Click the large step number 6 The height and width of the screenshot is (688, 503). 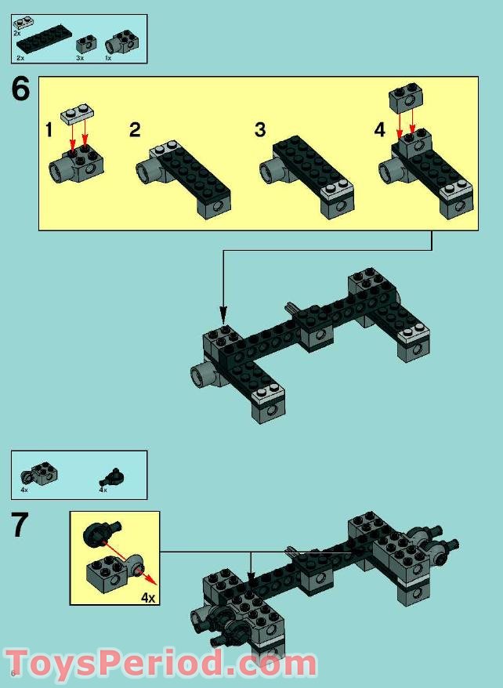[20, 89]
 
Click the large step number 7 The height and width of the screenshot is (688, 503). [20, 525]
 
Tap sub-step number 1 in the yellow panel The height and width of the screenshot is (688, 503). [49, 130]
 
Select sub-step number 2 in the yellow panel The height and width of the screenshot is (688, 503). [135, 130]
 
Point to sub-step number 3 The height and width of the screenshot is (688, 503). [260, 130]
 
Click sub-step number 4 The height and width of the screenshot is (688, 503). [380, 130]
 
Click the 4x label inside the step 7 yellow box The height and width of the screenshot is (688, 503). [148, 597]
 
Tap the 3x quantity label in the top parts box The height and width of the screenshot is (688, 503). [80, 58]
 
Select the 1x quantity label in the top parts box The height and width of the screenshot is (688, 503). [108, 58]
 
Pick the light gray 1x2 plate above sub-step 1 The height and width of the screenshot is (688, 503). [78, 114]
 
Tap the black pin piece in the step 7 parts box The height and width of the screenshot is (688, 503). [113, 477]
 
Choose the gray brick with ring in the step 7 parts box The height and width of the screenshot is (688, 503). [39, 474]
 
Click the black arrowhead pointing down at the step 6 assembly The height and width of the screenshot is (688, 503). [223, 314]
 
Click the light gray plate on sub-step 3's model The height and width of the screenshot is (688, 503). [337, 190]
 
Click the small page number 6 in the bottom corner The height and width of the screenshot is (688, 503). [13, 674]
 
